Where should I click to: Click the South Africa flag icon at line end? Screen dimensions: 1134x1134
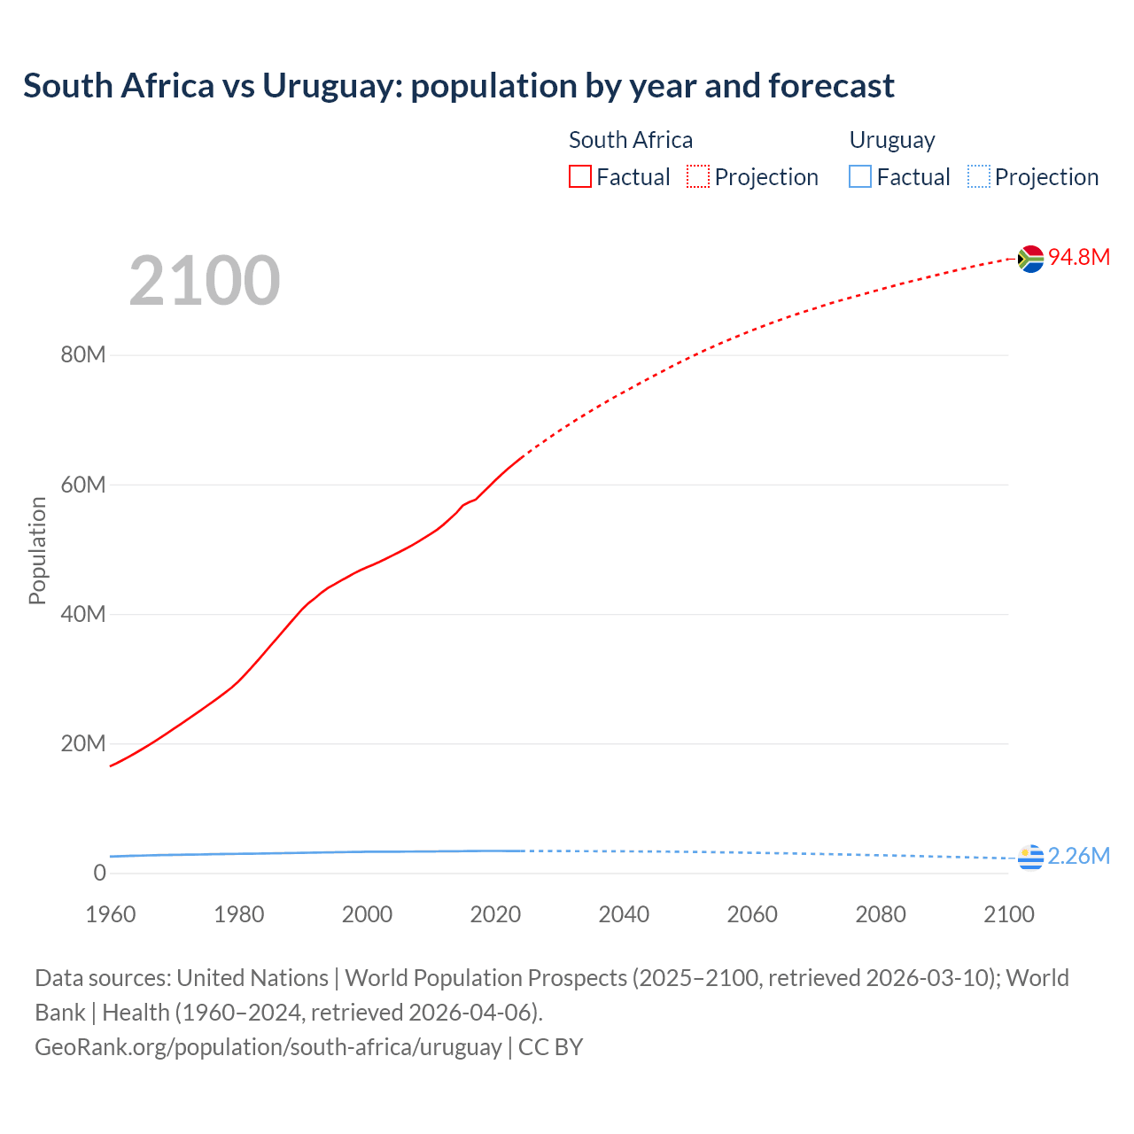1030,258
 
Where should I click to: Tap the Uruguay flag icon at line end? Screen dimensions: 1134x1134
1030,857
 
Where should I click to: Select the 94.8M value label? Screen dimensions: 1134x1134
1078,257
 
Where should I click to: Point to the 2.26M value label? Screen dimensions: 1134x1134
1078,856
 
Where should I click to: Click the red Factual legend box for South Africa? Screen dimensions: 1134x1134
579,177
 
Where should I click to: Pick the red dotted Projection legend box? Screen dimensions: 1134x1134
698,177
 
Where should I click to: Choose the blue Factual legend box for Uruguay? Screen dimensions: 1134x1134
860,177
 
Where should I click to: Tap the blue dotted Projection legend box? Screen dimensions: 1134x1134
979,177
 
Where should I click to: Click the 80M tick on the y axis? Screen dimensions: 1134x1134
83,355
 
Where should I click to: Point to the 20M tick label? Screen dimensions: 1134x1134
83,743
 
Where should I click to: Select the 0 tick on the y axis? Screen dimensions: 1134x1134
99,873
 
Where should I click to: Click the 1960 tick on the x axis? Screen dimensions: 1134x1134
111,914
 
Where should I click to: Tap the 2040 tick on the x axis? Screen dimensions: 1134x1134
624,914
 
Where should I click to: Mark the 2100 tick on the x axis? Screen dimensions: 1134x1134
1008,914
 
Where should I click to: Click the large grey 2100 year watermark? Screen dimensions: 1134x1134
205,281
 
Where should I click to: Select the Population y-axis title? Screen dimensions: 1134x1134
37,550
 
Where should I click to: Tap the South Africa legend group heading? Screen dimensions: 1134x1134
630,140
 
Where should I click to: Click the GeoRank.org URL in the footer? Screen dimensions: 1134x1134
268,1046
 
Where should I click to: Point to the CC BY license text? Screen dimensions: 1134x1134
550,1046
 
